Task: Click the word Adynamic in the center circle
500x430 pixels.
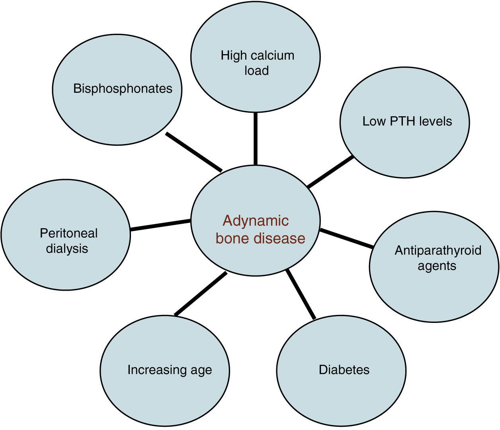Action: click(x=256, y=221)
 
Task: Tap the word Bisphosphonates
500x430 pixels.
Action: click(x=123, y=88)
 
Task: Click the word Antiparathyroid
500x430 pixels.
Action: click(x=438, y=250)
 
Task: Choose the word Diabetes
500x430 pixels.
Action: click(x=344, y=370)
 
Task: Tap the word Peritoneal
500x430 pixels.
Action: click(x=68, y=233)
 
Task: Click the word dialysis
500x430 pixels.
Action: click(x=67, y=249)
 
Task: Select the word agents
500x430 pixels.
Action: click(x=437, y=266)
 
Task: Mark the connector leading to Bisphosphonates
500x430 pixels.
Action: click(x=193, y=152)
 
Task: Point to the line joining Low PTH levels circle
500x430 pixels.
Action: click(x=330, y=172)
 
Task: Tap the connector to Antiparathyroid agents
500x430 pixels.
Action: click(x=346, y=238)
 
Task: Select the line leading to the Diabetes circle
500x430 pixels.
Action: click(x=301, y=294)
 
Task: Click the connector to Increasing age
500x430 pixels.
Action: click(x=201, y=294)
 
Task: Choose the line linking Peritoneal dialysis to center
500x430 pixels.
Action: click(x=160, y=225)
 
